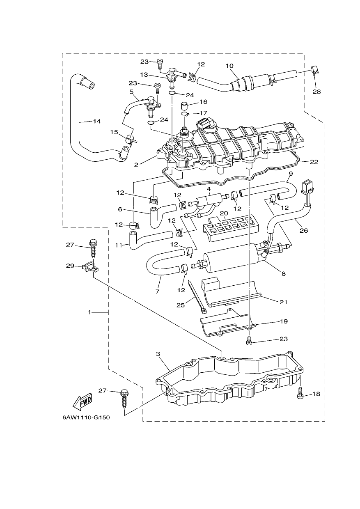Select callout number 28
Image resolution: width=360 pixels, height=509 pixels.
coord(316,92)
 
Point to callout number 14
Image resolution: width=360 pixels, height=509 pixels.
coord(96,122)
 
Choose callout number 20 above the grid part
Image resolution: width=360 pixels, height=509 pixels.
coord(224,213)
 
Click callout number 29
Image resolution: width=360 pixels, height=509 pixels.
coord(70,266)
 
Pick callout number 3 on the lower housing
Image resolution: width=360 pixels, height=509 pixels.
coord(158,354)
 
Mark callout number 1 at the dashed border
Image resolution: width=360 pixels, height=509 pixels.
coord(89,312)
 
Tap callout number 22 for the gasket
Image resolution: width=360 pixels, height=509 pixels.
coord(314,162)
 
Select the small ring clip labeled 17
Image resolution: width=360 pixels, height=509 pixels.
coord(185,114)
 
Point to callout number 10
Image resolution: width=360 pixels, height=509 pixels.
coord(229,66)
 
